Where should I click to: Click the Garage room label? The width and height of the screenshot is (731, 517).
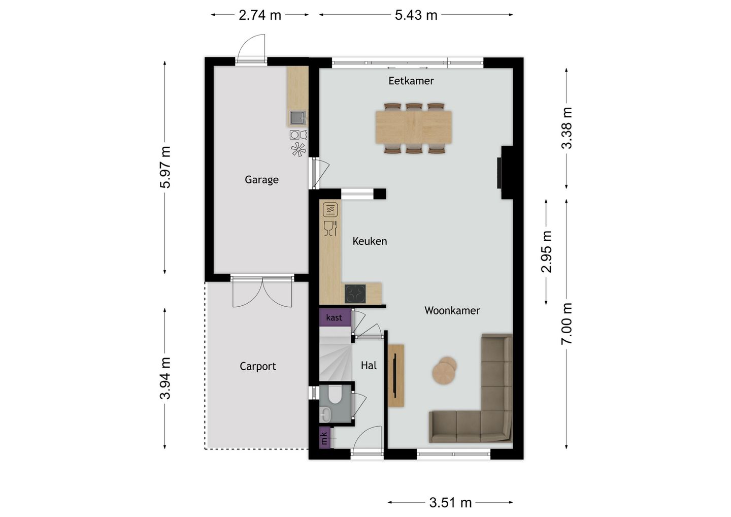click(x=261, y=180)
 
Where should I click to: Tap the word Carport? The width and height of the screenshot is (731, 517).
click(x=258, y=366)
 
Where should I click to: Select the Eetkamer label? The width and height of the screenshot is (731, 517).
click(x=411, y=81)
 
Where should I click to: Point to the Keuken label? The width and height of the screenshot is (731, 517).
click(x=370, y=241)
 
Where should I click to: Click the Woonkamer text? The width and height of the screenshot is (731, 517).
click(x=452, y=310)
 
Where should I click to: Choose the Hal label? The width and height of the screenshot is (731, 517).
click(x=369, y=365)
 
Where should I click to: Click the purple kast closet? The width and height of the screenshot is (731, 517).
click(x=335, y=317)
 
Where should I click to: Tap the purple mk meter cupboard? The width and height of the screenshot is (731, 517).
click(x=325, y=438)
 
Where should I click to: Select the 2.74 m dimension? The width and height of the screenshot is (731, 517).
click(x=260, y=15)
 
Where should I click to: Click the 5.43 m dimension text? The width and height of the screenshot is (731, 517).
click(x=416, y=15)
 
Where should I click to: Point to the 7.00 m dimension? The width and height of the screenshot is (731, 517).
click(x=567, y=324)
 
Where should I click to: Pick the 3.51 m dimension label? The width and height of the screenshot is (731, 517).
click(x=450, y=503)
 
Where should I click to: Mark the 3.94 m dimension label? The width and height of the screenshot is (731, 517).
click(x=165, y=378)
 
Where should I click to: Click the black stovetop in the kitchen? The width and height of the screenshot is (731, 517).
click(x=355, y=294)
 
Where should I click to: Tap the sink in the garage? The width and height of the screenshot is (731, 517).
click(x=297, y=118)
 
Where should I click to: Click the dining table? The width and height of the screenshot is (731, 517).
click(x=414, y=127)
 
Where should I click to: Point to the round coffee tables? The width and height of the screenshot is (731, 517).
click(x=444, y=370)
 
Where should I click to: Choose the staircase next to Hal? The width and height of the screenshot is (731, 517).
click(x=335, y=354)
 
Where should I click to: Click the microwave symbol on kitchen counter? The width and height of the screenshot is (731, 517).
click(x=330, y=210)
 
